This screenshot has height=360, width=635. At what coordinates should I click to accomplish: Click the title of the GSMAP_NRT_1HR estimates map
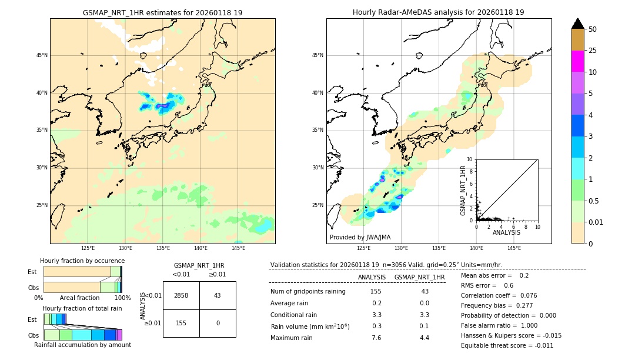pos(162,12)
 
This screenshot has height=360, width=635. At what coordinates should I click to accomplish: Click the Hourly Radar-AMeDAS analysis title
pos(439,12)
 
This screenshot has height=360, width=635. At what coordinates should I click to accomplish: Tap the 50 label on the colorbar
pos(593,29)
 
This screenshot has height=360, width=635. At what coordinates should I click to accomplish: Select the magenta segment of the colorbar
pos(577,61)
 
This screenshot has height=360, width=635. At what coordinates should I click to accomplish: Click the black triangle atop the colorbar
pos(577,24)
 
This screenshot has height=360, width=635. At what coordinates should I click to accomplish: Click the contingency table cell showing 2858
pos(181,295)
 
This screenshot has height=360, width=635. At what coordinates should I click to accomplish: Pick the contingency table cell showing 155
pos(181,323)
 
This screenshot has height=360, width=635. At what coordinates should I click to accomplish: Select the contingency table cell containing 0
pos(218,323)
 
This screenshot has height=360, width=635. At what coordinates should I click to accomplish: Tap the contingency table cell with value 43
pos(218,295)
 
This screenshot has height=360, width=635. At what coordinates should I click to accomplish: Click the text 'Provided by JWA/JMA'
pos(360,237)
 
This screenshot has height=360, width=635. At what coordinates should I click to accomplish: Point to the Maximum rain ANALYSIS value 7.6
pos(376,338)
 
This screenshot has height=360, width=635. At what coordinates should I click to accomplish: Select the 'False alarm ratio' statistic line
pos(500,325)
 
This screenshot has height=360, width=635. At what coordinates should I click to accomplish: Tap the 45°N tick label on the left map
pos(42,55)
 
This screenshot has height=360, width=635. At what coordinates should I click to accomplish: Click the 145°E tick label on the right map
pos(514,249)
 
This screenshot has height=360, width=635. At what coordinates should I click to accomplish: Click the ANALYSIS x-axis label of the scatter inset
pos(506,232)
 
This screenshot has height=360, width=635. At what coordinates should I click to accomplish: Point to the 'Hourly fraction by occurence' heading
pos(82,261)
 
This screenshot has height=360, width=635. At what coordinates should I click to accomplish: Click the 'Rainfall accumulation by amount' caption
pos(82,345)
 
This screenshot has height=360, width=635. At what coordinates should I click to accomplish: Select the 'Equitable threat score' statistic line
pos(506,345)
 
